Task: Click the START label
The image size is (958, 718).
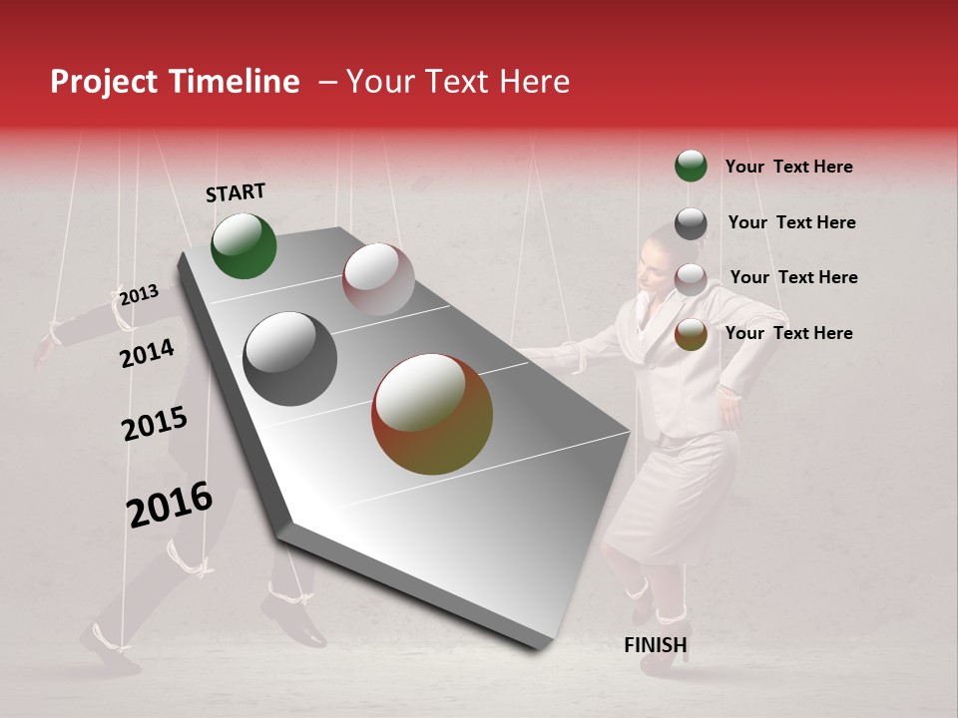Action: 236,192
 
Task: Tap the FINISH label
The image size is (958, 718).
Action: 656,645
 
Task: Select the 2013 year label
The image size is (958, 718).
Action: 139,295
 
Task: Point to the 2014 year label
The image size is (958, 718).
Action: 147,353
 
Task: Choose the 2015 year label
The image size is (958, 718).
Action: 155,424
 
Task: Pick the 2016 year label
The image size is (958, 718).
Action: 170,505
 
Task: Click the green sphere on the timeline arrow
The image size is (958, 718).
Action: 243,246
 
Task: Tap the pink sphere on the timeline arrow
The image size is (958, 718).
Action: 378,279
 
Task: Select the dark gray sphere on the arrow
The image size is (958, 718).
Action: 290,359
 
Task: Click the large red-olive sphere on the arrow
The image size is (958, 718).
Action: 432,414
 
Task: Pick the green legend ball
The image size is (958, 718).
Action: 691,167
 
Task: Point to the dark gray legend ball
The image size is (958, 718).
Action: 691,223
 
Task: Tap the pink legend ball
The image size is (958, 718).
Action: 691,279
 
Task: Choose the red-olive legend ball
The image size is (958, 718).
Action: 691,335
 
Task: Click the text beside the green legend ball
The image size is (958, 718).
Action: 788,167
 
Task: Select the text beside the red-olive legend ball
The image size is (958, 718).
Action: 788,333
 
